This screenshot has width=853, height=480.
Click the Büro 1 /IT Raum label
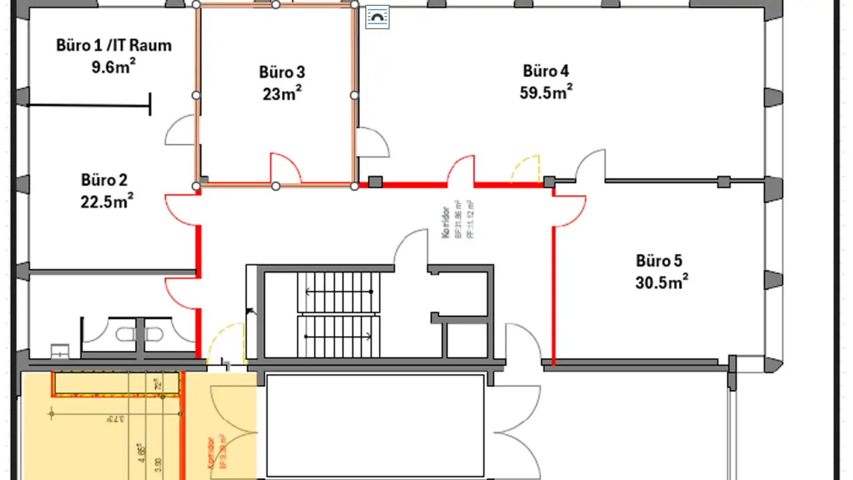[114, 45]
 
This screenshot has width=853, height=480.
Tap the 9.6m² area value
[114, 66]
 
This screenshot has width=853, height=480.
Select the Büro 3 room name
[282, 72]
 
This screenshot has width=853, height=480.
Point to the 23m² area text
[282, 94]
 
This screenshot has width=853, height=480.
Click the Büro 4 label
[546, 71]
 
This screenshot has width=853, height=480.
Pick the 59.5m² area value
[546, 93]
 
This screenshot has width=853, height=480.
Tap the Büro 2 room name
[104, 180]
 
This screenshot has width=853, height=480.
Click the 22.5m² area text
[107, 201]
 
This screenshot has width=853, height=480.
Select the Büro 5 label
[659, 261]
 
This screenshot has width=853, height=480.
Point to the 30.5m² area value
[661, 283]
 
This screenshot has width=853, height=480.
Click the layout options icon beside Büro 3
[377, 18]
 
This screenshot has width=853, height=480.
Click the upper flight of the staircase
[338, 292]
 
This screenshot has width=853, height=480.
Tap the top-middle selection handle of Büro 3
[275, 5]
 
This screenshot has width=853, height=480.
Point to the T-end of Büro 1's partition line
[150, 105]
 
